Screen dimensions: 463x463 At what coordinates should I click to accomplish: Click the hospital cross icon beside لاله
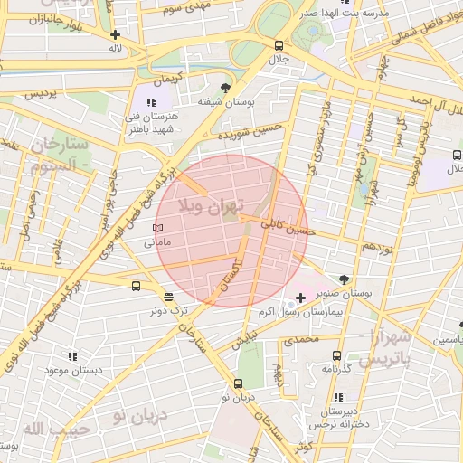click(x=115, y=34)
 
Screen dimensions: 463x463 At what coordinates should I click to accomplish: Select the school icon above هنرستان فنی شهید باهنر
click(x=150, y=103)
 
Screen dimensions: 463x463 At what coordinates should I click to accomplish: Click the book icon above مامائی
click(x=158, y=229)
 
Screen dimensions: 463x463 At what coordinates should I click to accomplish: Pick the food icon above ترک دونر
click(x=168, y=297)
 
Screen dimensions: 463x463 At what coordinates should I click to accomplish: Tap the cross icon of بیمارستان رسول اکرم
click(x=300, y=298)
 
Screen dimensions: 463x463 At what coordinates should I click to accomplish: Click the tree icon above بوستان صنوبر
click(x=345, y=279)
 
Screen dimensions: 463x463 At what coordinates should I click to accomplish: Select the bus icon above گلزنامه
click(x=336, y=355)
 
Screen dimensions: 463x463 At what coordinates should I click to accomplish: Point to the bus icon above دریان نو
click(x=239, y=383)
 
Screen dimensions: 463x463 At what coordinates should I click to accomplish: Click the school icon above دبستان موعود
click(x=72, y=356)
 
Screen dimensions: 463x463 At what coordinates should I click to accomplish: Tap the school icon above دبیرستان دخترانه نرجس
click(x=337, y=396)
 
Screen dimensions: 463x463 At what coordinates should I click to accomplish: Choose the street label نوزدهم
click(x=377, y=246)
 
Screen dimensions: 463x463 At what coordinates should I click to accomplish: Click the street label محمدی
click(x=301, y=340)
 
